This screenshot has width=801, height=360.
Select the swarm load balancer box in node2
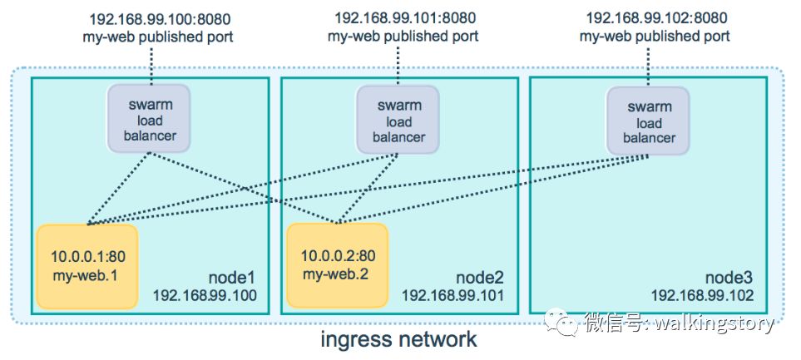click(x=398, y=121)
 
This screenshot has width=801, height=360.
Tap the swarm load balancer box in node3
click(x=650, y=122)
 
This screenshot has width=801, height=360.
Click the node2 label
click(x=481, y=277)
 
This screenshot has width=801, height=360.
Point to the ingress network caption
click(x=399, y=339)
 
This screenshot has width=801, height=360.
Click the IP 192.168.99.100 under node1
click(x=205, y=295)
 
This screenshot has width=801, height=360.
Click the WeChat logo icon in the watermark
click(x=569, y=322)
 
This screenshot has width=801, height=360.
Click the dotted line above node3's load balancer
click(x=650, y=67)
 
